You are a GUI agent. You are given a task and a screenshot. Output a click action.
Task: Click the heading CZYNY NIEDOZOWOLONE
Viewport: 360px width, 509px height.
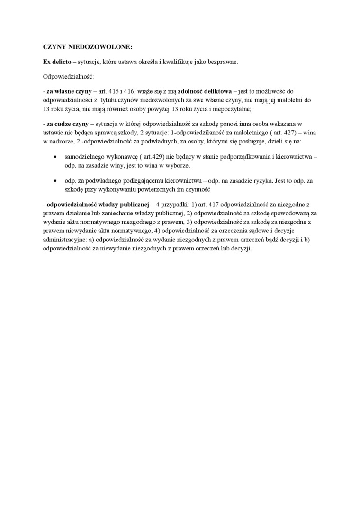pyautogui.click(x=88, y=47)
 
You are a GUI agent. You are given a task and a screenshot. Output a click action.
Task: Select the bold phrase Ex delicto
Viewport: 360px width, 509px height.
pyautogui.click(x=57, y=62)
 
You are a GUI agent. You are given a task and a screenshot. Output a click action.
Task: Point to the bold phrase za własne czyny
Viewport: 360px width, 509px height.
pyautogui.click(x=66, y=90)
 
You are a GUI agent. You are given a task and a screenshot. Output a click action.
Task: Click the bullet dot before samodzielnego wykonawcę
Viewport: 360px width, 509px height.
pyautogui.click(x=56, y=156)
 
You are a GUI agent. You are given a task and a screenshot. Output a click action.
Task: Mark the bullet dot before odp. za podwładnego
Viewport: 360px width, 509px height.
pyautogui.click(x=56, y=180)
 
